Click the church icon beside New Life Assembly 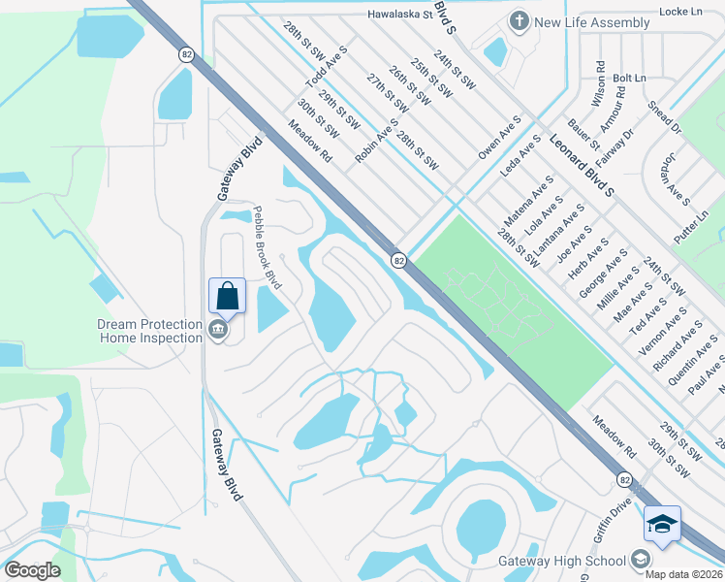pyautogui.click(x=519, y=22)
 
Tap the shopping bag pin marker pyautogui.click(x=227, y=296)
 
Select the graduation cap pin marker pyautogui.click(x=662, y=524)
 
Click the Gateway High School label pyautogui.click(x=561, y=561)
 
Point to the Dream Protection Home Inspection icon pyautogui.click(x=217, y=332)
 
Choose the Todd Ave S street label pyautogui.click(x=327, y=65)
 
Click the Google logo pyautogui.click(x=32, y=570)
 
